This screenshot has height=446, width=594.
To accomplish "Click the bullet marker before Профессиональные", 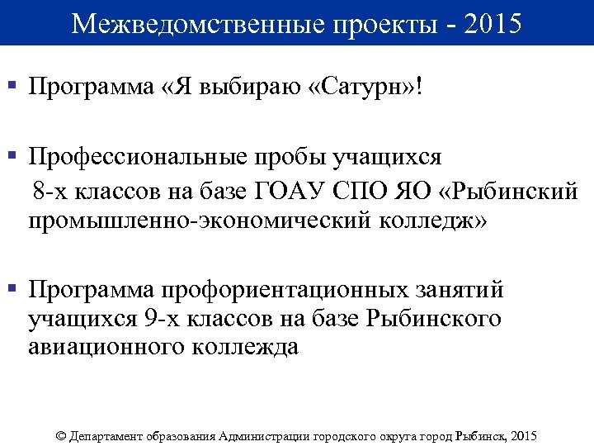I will coord(12,155).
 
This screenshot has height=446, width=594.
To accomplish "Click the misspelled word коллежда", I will coord(245,347).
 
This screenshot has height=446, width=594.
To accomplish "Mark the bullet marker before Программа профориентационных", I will coord(12,289).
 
